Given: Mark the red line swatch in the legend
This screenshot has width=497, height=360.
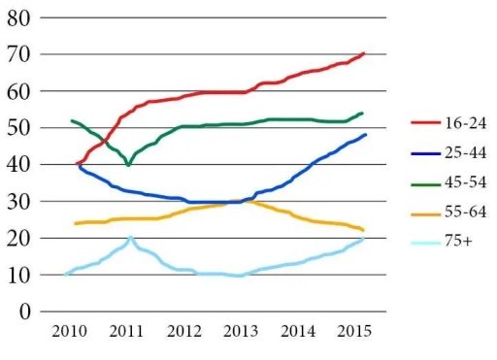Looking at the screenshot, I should pos(421,123).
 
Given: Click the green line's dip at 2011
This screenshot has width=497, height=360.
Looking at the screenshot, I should pos(128,166).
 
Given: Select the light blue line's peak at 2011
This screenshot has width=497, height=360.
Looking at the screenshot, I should pos(130,237).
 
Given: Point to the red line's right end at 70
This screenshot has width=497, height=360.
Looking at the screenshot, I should pos(363,53).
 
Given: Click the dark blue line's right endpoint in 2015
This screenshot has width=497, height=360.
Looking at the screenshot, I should pos(365,135).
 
